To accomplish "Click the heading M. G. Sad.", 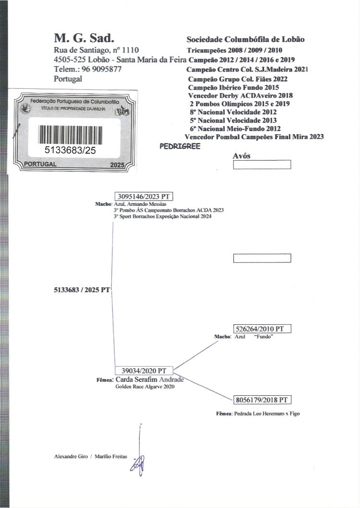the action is (x=84, y=38).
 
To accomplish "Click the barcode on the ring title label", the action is (x=70, y=134).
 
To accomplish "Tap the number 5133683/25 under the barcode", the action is (x=70, y=150).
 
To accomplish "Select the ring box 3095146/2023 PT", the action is (x=144, y=196).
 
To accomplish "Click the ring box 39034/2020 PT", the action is (x=144, y=371).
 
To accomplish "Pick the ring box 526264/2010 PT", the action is (x=262, y=329).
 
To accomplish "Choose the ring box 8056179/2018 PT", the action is (x=262, y=400).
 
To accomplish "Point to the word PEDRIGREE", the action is (x=180, y=146).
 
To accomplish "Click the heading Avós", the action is (x=241, y=156).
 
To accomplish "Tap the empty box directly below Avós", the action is (x=262, y=165).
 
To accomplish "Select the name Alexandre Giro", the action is (x=71, y=457).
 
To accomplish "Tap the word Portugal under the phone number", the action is (x=68, y=79).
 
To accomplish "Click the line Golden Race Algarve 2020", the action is (x=145, y=387).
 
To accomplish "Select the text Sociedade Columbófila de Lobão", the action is (x=245, y=39).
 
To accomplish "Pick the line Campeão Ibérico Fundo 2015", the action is (x=233, y=87).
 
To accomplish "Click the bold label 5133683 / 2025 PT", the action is (x=82, y=290).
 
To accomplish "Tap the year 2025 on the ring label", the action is (x=117, y=165).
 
